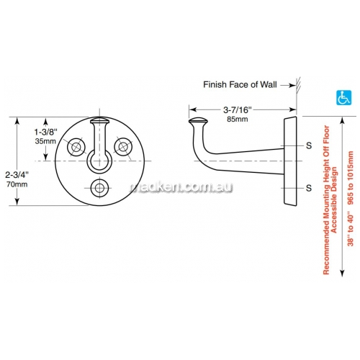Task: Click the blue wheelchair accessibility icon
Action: click(343, 98)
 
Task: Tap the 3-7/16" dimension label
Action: click(238, 110)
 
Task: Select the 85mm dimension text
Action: click(238, 119)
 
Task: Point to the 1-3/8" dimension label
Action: click(46, 132)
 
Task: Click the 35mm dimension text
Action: click(45, 141)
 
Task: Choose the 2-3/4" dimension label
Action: click(17, 175)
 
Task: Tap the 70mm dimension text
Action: click(17, 184)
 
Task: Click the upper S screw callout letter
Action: click(309, 145)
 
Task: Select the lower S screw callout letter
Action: click(309, 188)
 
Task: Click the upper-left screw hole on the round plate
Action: click(76, 146)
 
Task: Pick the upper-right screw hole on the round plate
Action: click(123, 146)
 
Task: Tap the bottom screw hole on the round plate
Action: click(99, 188)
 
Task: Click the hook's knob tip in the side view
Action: click(198, 121)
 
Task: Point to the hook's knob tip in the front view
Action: click(99, 120)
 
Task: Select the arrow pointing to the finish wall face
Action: click(288, 85)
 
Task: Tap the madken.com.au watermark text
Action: click(181, 187)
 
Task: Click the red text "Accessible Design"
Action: click(334, 200)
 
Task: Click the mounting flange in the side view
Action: click(290, 161)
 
